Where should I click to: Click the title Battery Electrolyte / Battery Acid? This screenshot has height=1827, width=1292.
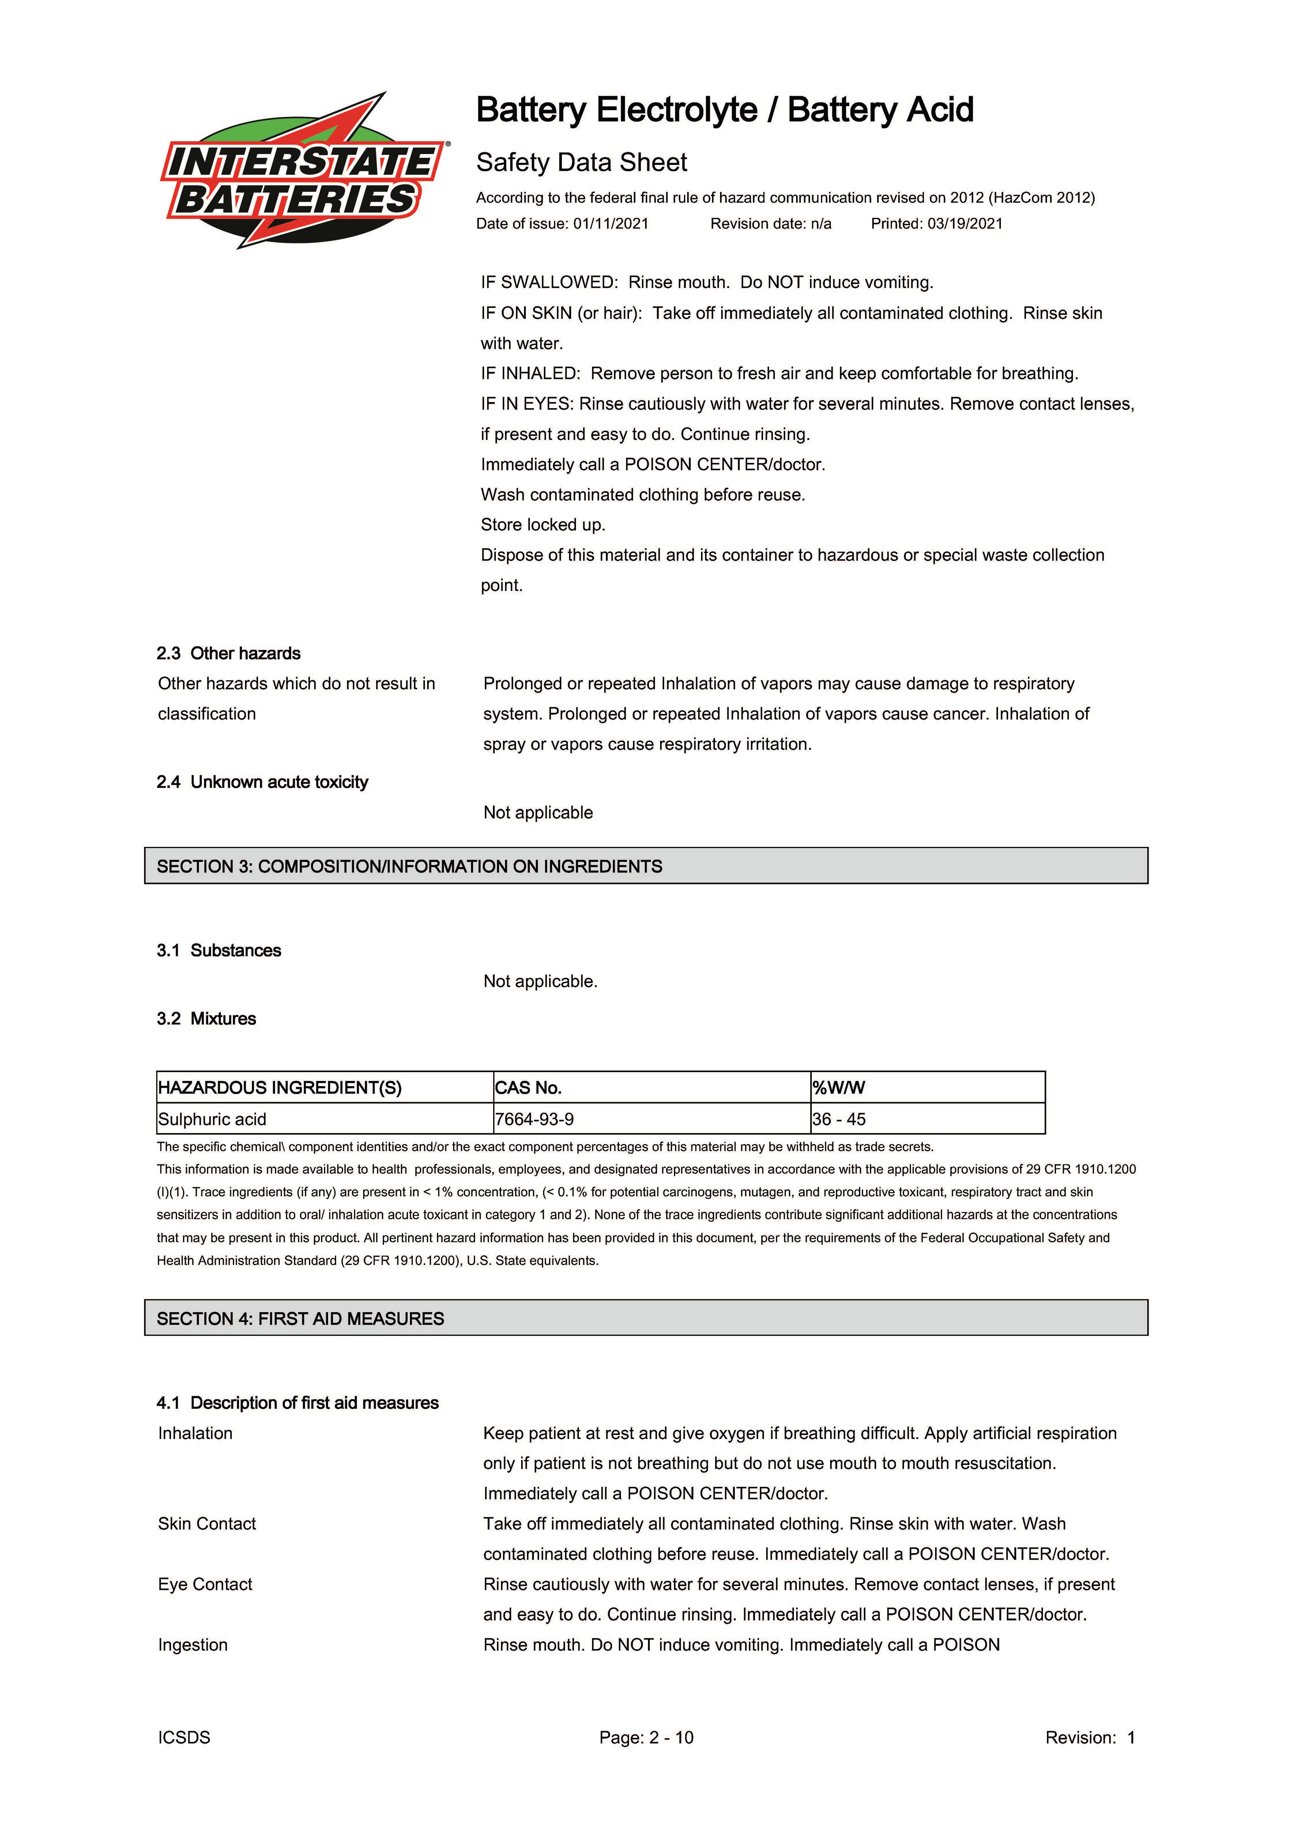(x=724, y=110)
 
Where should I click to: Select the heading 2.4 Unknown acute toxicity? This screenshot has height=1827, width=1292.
(x=262, y=782)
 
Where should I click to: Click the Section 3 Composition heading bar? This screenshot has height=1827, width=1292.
(x=645, y=866)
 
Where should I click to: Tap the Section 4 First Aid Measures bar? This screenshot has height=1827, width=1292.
(x=645, y=1319)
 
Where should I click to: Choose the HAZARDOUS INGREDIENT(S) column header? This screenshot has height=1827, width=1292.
(x=280, y=1088)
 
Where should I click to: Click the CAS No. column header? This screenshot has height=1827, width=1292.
(x=528, y=1088)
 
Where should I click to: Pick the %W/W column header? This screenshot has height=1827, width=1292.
(x=838, y=1088)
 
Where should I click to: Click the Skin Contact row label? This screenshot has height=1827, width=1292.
(x=207, y=1524)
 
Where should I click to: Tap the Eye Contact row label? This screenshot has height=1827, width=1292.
(x=205, y=1584)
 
